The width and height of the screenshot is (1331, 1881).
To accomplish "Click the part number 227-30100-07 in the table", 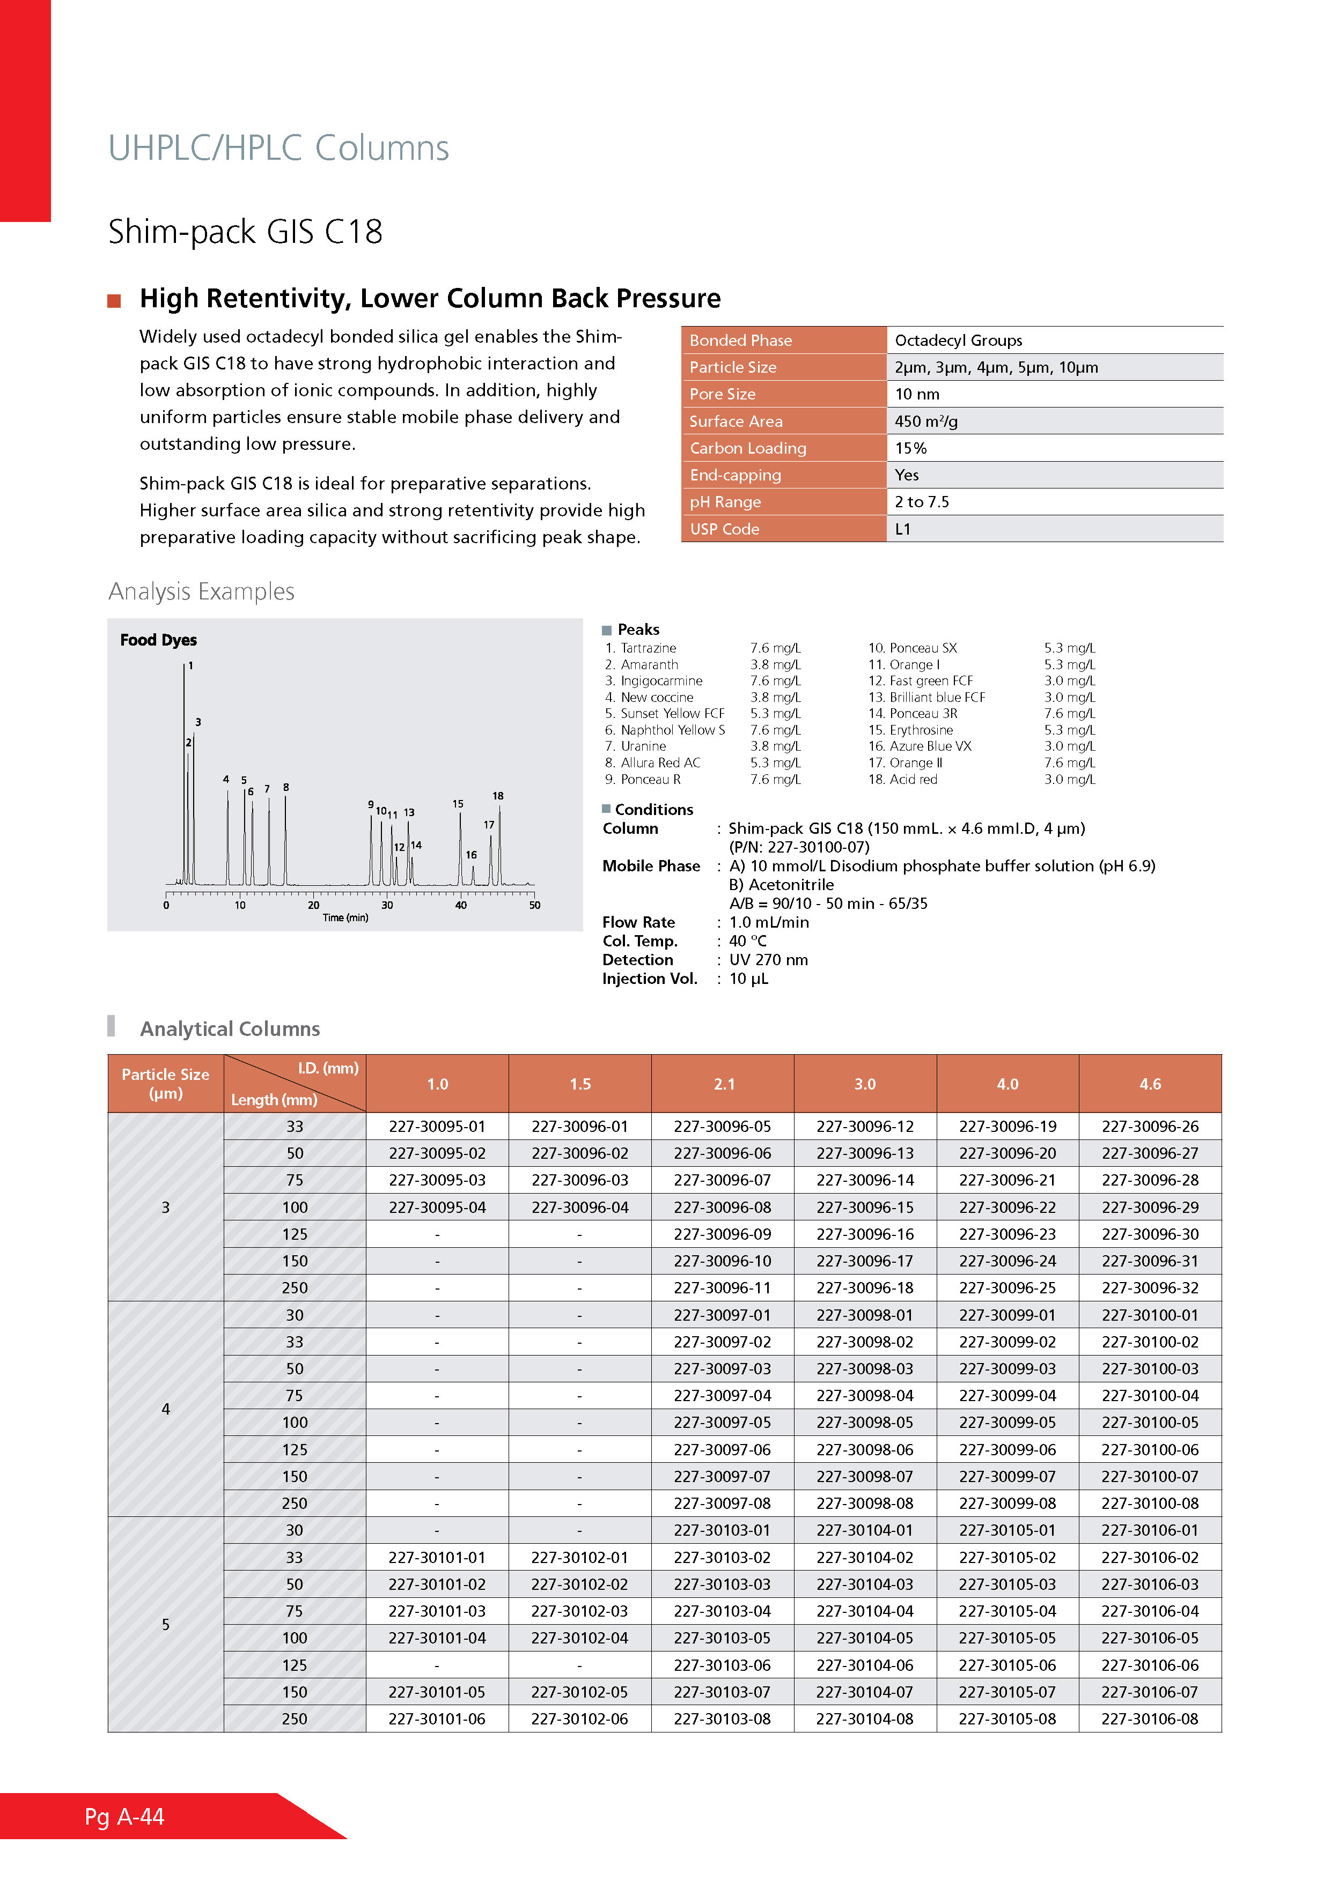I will click(x=1149, y=1476).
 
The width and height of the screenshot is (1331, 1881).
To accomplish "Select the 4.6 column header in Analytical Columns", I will click(x=1150, y=1084).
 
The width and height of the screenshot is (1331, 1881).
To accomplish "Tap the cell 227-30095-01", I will click(x=437, y=1127).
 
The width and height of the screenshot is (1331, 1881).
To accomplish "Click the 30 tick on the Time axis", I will click(x=387, y=905).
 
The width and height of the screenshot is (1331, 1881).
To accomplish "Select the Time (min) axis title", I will click(x=345, y=917).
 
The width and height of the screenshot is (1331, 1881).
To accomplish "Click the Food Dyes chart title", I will click(x=158, y=640).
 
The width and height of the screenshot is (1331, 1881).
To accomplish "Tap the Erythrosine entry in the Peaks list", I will click(x=921, y=730).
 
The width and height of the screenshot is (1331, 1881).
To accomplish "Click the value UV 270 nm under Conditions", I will click(x=768, y=959).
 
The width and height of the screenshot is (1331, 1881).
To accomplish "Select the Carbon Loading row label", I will click(x=747, y=448).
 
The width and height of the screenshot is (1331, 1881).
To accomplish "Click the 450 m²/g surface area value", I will click(x=926, y=421).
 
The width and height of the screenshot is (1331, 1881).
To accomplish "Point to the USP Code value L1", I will click(x=902, y=529).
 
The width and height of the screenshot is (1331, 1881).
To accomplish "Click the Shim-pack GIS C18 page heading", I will click(x=245, y=232).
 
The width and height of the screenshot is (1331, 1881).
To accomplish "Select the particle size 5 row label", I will click(x=166, y=1625).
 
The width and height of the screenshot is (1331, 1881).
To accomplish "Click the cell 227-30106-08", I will click(x=1149, y=1719).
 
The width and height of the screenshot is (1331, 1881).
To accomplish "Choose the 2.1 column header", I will click(x=724, y=1084).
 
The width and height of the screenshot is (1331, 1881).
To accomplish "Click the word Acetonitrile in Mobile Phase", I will click(x=790, y=885).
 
